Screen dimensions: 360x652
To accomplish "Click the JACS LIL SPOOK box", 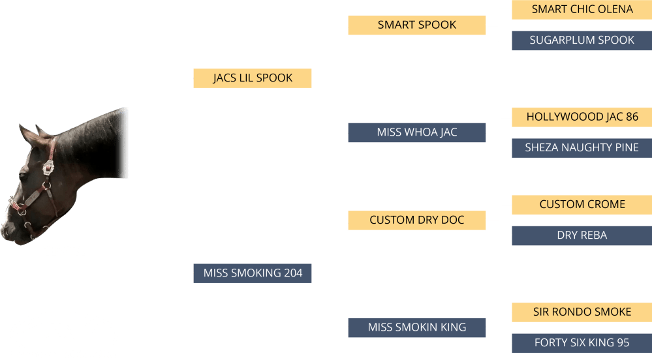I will point(253,78).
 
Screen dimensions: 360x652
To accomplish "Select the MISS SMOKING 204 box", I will point(253,273).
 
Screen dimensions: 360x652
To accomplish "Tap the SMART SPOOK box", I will point(416,25).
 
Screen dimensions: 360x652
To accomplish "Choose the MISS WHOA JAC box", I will point(416,132).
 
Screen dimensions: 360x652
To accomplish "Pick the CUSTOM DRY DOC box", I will point(416,220).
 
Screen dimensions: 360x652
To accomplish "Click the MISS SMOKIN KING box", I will point(416,327).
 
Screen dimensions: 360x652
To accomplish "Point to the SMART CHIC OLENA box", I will point(582,10).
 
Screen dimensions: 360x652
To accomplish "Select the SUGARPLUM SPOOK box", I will point(582,40).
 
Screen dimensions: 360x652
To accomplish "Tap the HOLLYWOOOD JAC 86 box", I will point(582,117).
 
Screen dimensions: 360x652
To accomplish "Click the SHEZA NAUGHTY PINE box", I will point(582,148).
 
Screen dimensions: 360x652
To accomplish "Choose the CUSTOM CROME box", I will point(582,205).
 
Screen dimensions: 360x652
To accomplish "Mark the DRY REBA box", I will point(582,235).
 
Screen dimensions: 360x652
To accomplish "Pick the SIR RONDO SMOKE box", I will point(582,312).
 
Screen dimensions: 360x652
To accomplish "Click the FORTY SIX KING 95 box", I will point(582,343).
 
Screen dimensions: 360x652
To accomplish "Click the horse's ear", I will point(29,136).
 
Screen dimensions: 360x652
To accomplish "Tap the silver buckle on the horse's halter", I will point(48,168).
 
